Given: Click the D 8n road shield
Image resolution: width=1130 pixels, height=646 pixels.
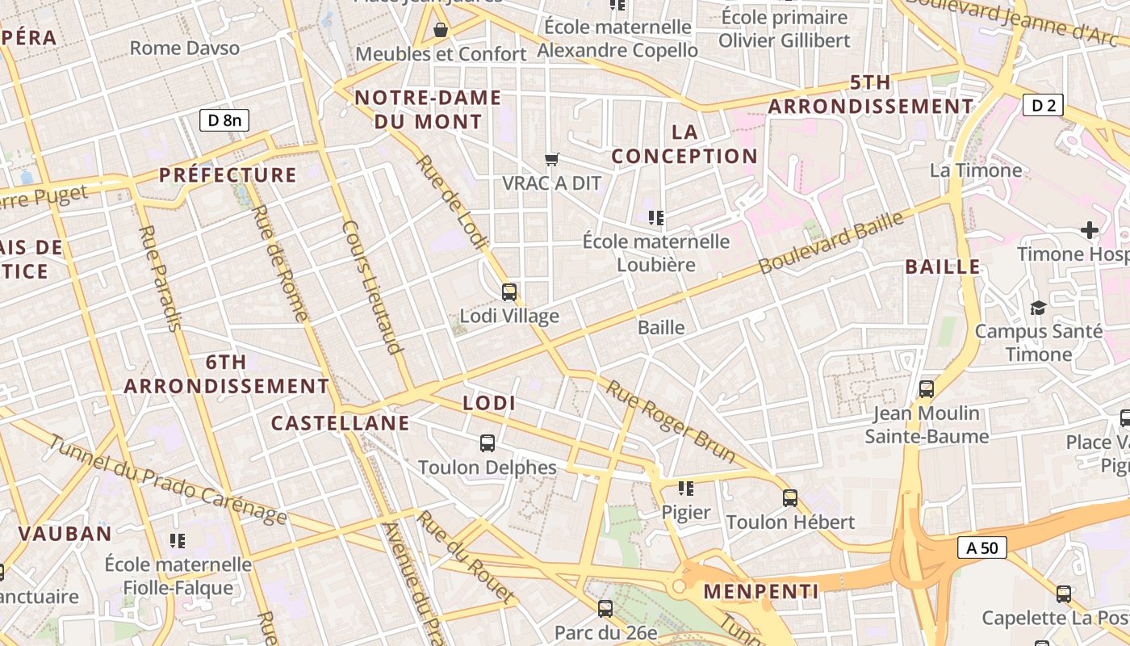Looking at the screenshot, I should pos(224,120).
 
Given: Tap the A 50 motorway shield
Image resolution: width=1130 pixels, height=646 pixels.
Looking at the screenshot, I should pos(982,547).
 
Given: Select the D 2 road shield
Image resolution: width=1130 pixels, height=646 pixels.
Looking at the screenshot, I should pos(1043,105).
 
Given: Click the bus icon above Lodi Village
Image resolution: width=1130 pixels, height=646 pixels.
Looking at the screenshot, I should pos(509,292).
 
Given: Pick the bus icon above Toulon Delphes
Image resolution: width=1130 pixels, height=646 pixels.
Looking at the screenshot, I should pos(488,443).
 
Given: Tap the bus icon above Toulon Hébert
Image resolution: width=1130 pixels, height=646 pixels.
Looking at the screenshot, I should pos(790,498).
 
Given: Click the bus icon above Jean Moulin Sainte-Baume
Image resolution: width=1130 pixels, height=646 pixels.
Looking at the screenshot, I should pos(927,389).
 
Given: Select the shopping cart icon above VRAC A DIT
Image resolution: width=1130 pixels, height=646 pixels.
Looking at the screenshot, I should pos(552,159).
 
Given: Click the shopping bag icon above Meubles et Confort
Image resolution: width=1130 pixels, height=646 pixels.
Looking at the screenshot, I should pos(441,31).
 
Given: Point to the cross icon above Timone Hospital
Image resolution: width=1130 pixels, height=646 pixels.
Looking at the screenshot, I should pos(1090,231).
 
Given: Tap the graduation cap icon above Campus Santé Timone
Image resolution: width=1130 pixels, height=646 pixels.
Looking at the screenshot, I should pos(1038,308).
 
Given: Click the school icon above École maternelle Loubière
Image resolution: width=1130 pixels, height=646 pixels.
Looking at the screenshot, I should pos(656,217).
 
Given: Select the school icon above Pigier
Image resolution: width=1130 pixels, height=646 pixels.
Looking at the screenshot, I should pos(686,488).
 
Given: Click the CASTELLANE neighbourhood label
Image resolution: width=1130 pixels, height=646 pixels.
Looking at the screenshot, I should pos(340,423).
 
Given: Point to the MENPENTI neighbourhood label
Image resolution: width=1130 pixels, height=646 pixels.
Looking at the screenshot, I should pos(760,591).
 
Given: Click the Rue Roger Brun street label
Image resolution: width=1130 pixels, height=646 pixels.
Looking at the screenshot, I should pos(671,422).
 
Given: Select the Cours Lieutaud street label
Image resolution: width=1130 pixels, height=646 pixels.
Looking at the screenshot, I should pos(371,287).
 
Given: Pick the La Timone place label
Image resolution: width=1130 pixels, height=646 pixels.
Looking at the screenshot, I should pos(976,170).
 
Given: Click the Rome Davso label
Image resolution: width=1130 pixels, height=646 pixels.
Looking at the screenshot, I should pos(185,48).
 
